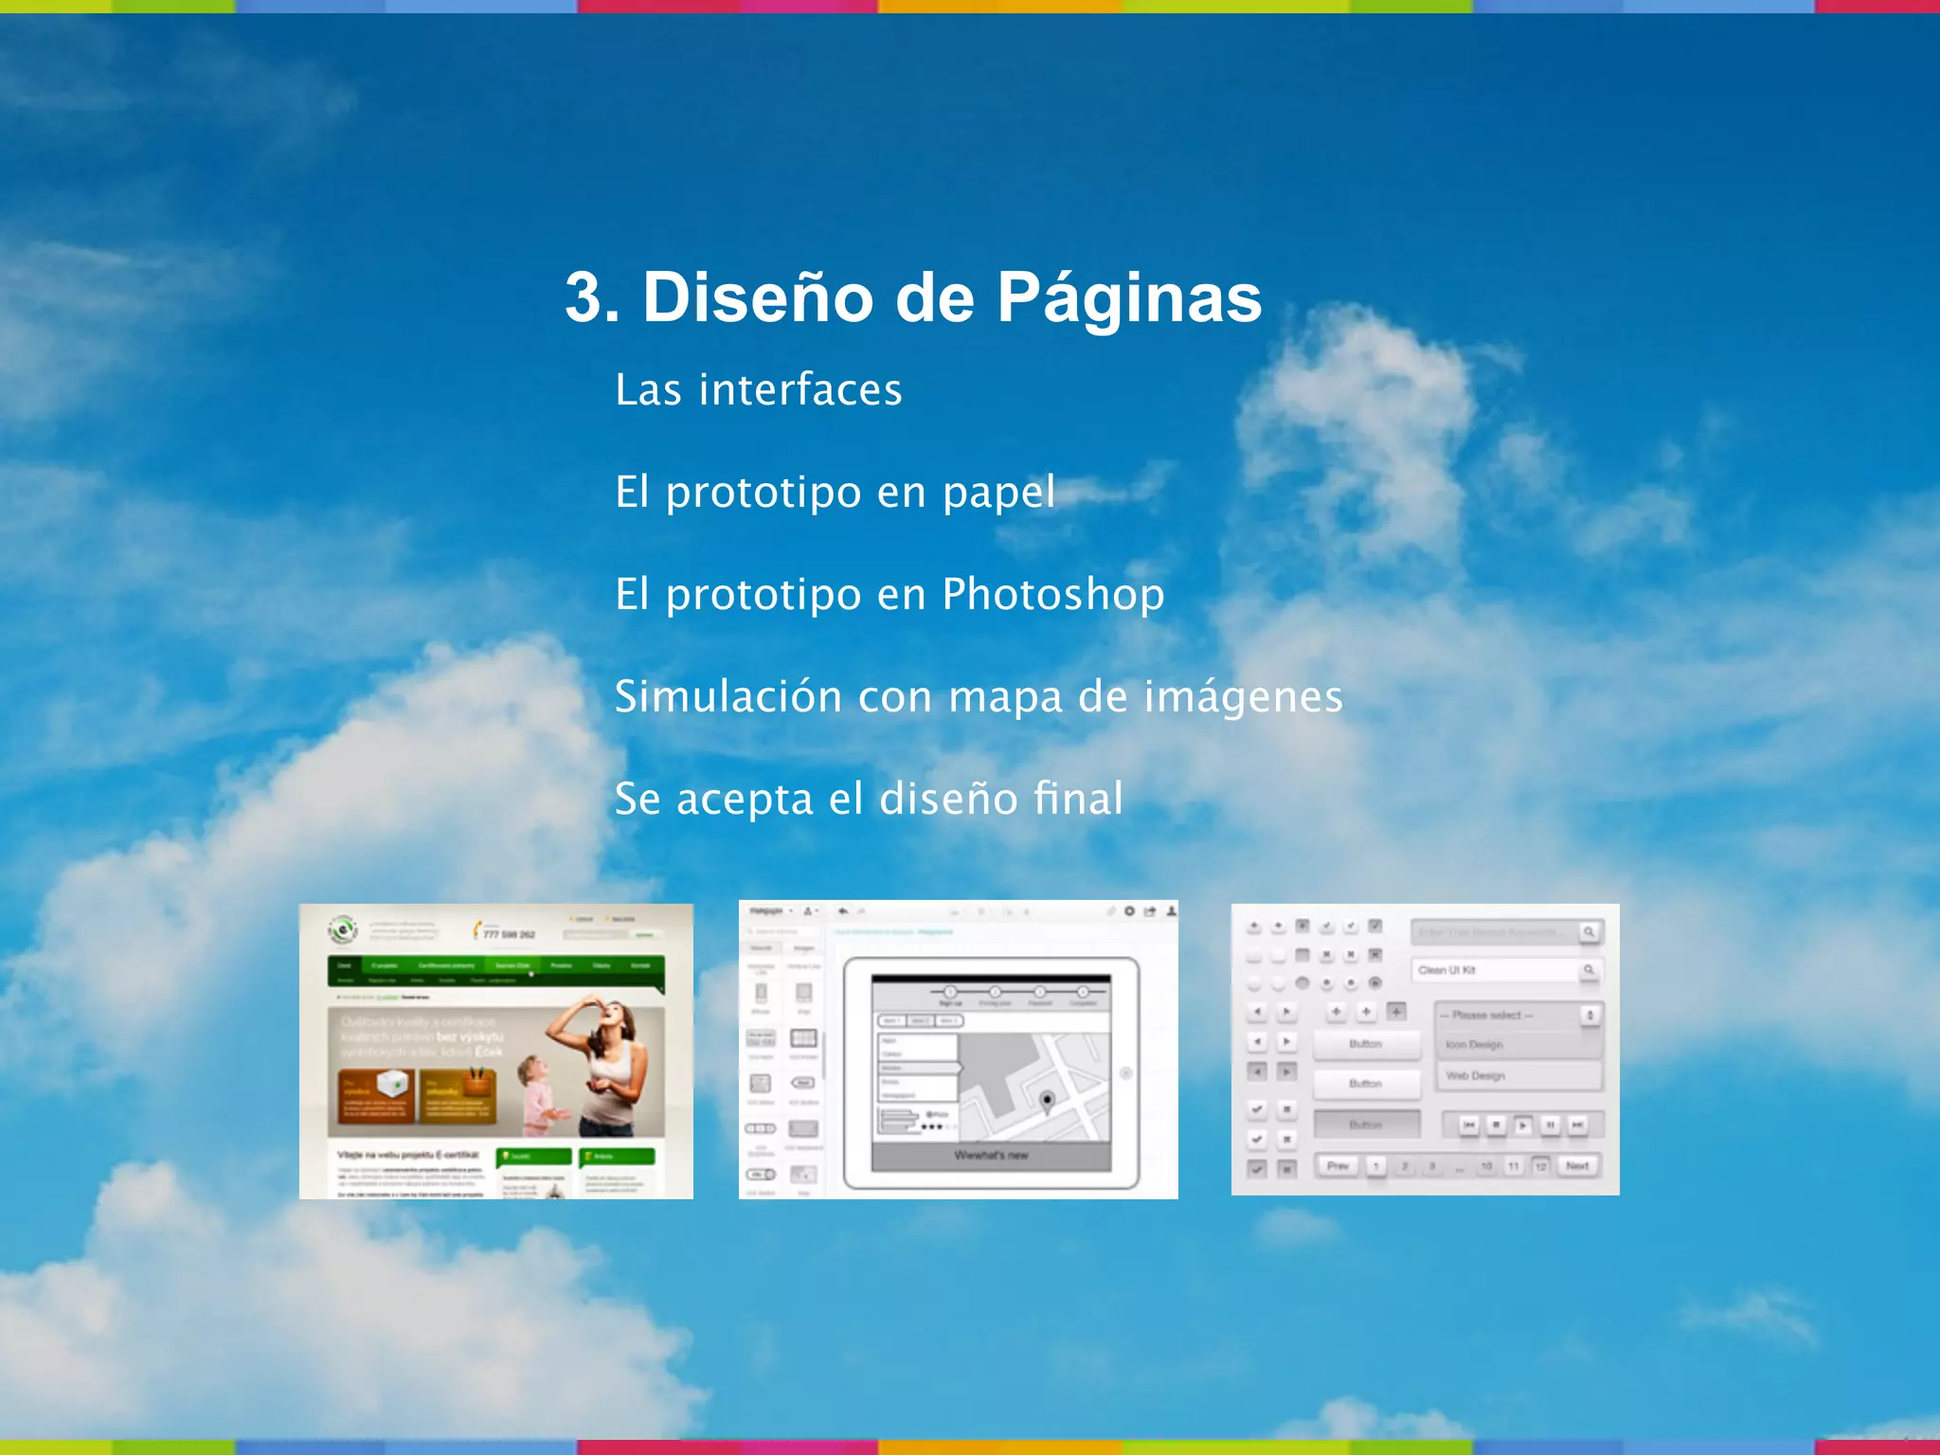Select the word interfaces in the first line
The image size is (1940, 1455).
[800, 389]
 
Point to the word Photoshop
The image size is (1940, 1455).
[1053, 595]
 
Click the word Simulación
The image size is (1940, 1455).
[728, 696]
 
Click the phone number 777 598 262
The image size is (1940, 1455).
[510, 934]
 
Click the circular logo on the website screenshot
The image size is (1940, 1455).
[342, 930]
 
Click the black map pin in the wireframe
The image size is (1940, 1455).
[1047, 1101]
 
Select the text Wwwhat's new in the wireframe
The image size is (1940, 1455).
[991, 1156]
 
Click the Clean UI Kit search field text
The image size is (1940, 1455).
[1446, 970]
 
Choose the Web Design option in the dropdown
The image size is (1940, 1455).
[1475, 1076]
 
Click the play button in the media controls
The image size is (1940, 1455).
[1522, 1125]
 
